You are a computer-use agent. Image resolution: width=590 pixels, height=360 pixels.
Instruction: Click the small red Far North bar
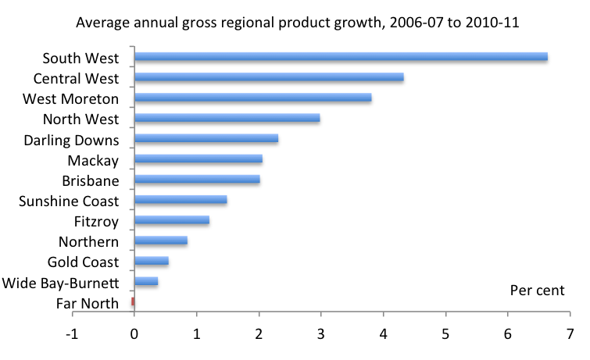(133, 301)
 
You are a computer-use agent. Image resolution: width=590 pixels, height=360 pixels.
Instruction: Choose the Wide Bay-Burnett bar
(146, 281)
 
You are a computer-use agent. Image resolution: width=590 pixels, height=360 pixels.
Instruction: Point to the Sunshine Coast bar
(181, 200)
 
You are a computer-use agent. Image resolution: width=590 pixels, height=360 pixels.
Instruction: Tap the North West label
(82, 119)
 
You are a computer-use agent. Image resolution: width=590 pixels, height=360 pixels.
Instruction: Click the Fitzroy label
(97, 221)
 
